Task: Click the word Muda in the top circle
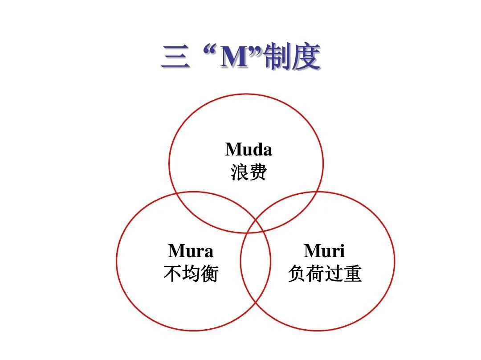[x=249, y=149]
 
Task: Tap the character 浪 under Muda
[x=240, y=172]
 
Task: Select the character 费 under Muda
[x=258, y=172]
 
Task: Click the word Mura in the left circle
[x=191, y=251]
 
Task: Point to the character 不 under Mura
[x=172, y=274]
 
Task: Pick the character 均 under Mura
[x=191, y=274]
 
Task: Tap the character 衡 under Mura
[x=209, y=274]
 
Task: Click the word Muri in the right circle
[x=324, y=251]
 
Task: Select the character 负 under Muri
[x=297, y=274]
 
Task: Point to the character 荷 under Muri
[x=315, y=274]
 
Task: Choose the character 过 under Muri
[x=334, y=274]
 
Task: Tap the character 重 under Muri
[x=352, y=274]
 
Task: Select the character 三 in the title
[x=175, y=56]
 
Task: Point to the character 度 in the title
[x=306, y=57]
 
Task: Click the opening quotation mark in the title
[x=209, y=51]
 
